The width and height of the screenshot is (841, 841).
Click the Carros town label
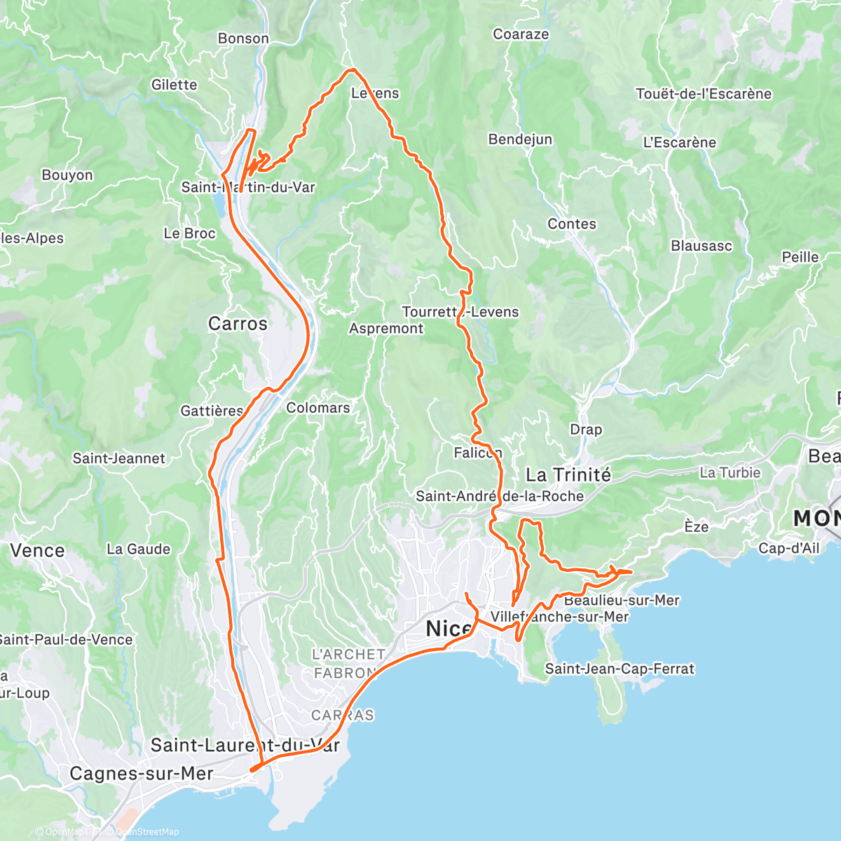(238, 324)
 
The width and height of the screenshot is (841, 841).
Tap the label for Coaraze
(521, 34)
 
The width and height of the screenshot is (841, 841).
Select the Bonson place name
(243, 39)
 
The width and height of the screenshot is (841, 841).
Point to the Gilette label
(175, 85)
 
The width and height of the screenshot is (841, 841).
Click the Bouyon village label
(67, 175)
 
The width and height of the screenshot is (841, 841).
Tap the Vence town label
(37, 551)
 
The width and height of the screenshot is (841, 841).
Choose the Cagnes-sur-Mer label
(142, 774)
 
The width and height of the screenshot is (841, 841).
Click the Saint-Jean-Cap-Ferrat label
(620, 669)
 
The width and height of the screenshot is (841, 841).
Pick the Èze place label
(696, 527)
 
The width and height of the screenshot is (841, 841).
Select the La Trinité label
(568, 475)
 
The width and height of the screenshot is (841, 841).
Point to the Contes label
(572, 224)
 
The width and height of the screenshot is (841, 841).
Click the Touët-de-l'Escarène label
(704, 94)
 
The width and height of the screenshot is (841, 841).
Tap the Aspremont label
(386, 329)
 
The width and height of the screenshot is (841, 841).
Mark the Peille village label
(800, 257)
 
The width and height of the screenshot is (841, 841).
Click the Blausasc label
(702, 246)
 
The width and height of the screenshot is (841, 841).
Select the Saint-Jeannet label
(118, 458)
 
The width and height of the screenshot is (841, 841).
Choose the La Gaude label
(138, 549)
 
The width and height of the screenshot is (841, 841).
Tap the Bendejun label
(520, 139)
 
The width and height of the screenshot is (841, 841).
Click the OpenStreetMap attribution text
(147, 832)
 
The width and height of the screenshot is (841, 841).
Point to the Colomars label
(317, 408)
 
